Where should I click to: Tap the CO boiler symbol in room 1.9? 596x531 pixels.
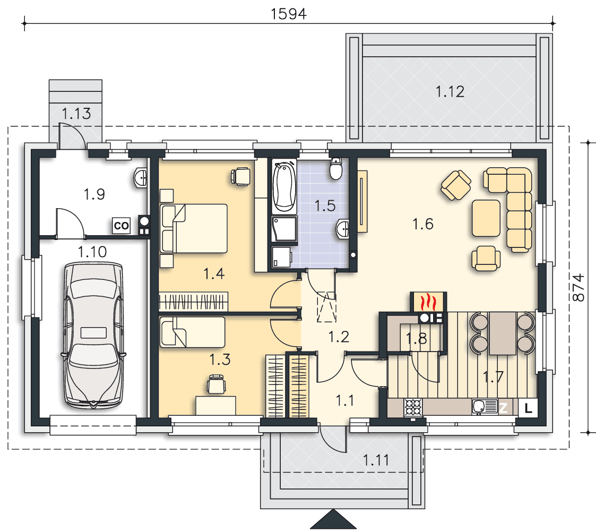122,226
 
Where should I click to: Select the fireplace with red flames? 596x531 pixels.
428,302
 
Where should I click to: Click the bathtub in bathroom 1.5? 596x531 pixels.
284,186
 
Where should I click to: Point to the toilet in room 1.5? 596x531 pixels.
336,168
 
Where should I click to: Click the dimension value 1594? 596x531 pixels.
289,14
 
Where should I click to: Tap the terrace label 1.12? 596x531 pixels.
450,92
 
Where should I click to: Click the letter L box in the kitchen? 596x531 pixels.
528,408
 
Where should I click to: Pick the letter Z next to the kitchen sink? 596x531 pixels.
503,408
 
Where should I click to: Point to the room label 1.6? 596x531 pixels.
423,224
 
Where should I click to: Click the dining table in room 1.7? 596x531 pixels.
502,333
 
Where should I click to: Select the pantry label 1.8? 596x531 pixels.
416,338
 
